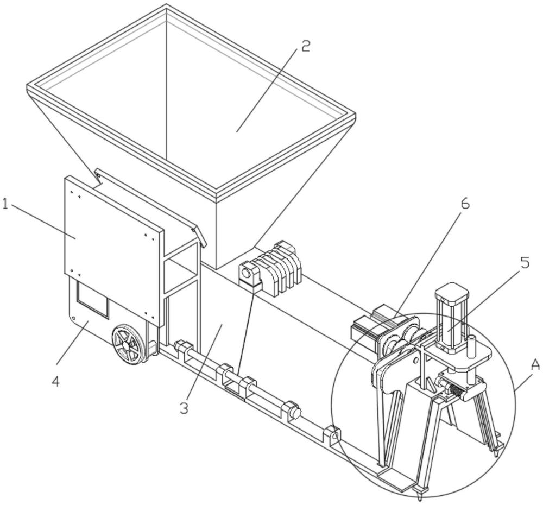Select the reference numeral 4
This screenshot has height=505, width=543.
tap(56, 381)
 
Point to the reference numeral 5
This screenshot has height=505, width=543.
tap(524, 262)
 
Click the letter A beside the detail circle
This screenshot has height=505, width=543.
tap(535, 365)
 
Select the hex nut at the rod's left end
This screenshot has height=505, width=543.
tap(181, 347)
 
